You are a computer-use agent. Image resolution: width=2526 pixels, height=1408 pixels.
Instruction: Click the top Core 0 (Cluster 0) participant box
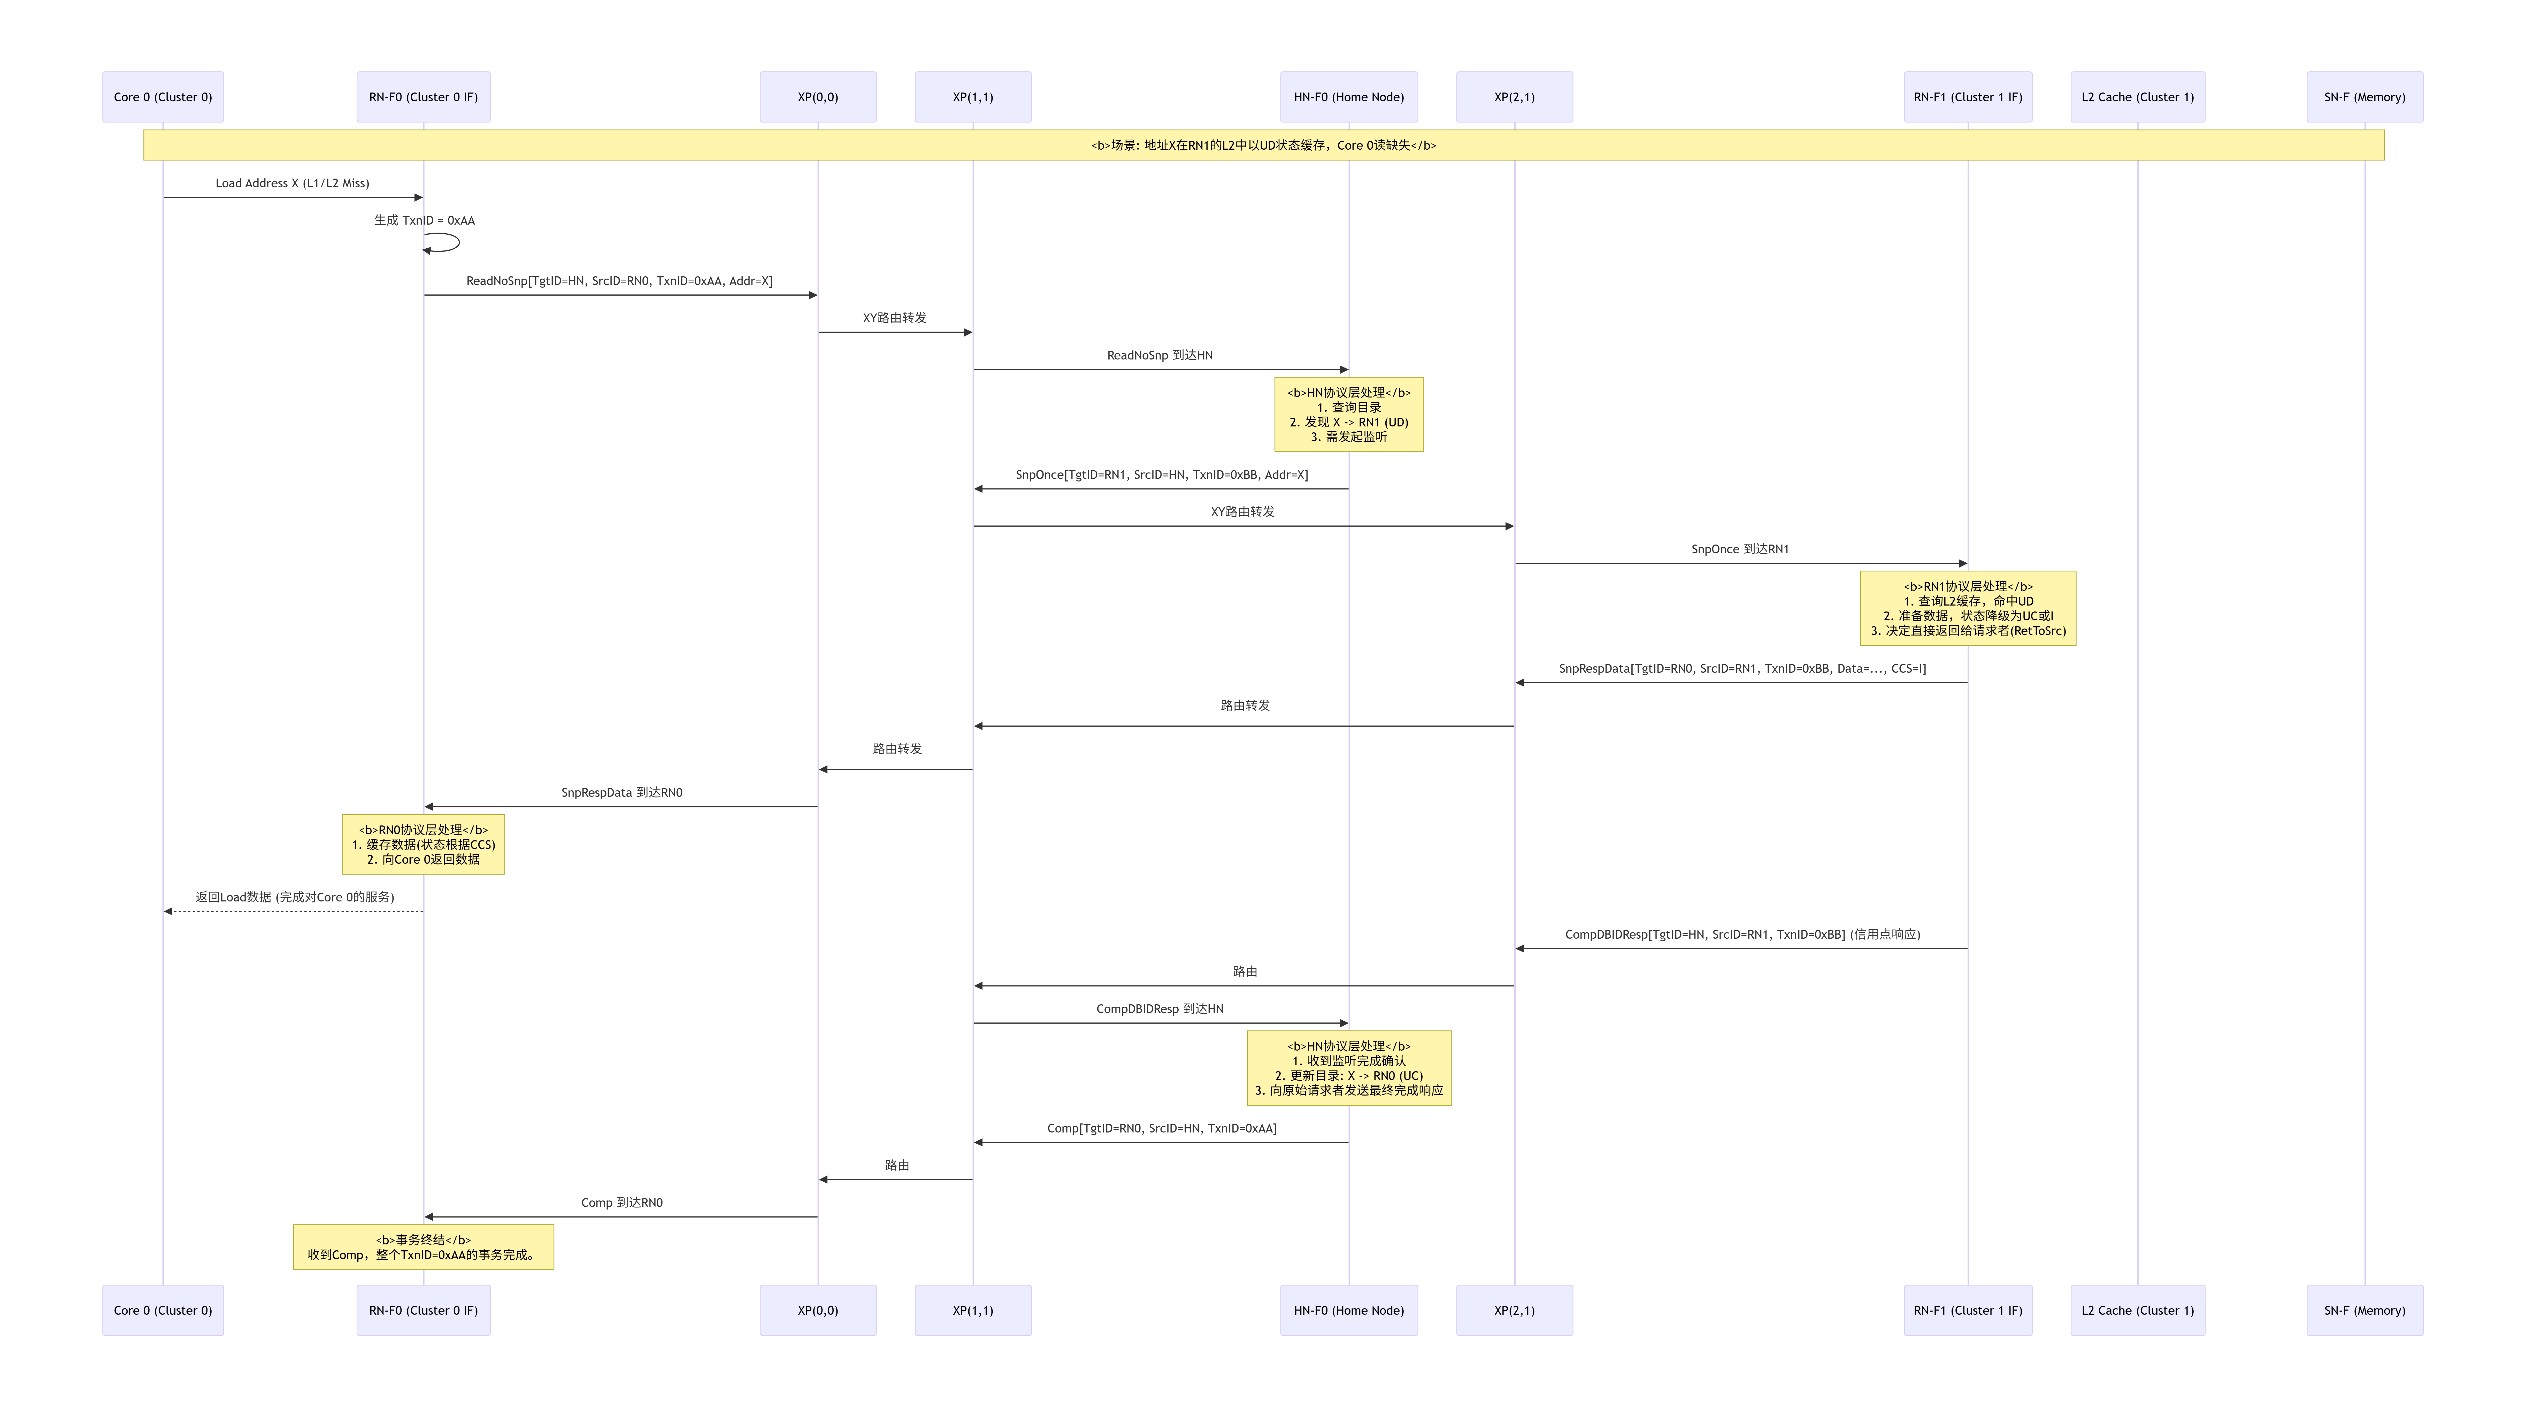(163, 97)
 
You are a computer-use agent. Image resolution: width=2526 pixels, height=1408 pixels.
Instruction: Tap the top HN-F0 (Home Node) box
(1348, 97)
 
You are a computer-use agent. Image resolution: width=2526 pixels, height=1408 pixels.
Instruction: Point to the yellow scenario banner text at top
(1263, 145)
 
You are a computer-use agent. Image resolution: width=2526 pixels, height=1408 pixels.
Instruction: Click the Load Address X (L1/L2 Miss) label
(292, 183)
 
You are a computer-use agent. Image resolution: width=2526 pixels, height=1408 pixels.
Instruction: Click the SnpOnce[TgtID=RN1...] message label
(1161, 475)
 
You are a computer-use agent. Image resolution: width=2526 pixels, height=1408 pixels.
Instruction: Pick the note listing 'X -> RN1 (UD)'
(1348, 415)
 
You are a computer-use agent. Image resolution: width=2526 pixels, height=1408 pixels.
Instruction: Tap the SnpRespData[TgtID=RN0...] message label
(1741, 669)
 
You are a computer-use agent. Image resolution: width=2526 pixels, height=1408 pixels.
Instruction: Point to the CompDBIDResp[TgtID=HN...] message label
(1741, 935)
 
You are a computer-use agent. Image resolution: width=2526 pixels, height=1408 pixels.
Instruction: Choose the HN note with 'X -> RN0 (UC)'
(1348, 1068)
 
